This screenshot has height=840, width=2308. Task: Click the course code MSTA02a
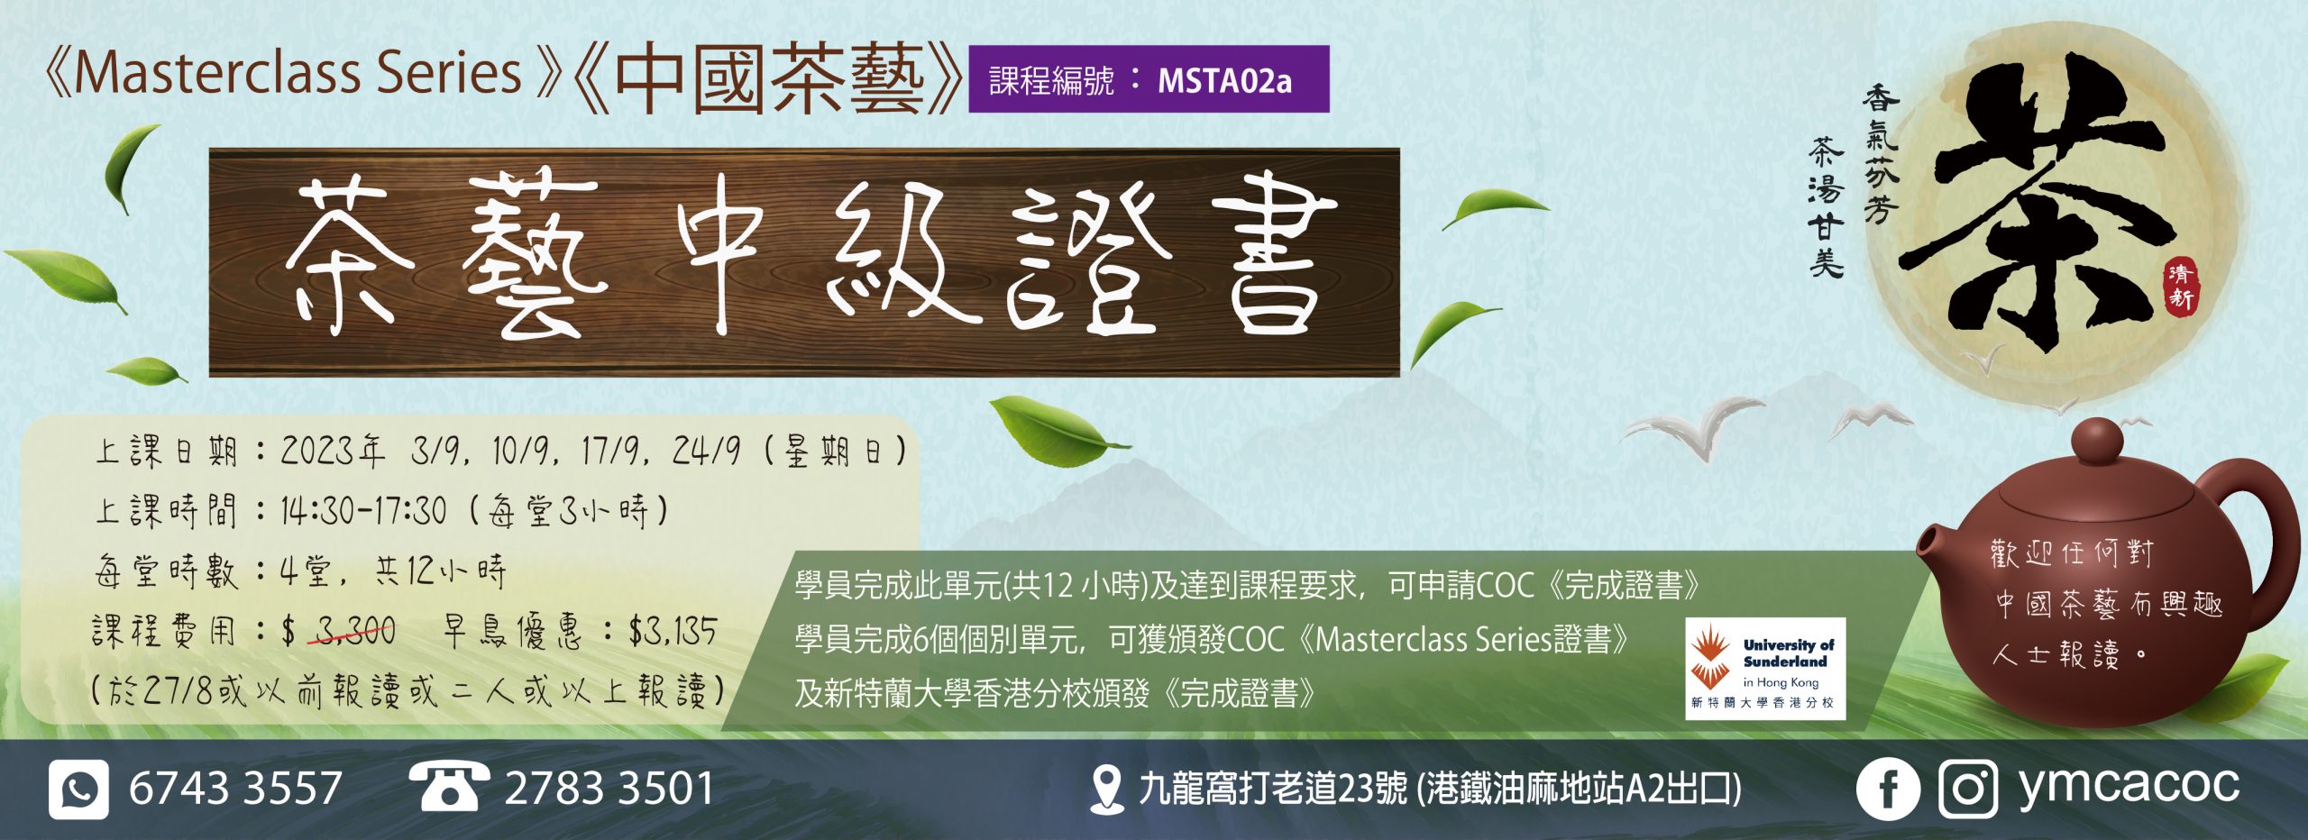[x=1224, y=81]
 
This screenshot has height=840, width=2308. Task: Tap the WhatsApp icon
[x=79, y=789]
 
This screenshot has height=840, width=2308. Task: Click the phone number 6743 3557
[x=235, y=788]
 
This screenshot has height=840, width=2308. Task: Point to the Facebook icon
[x=1887, y=789]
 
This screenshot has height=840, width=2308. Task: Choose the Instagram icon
[x=1968, y=789]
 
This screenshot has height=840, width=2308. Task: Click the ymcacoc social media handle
[x=2129, y=785]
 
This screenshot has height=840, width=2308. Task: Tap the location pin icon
[x=1106, y=789]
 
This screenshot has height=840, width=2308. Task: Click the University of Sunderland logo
[x=1764, y=668]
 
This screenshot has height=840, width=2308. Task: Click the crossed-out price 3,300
[x=355, y=631]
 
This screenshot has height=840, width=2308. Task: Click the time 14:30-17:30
[x=363, y=511]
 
